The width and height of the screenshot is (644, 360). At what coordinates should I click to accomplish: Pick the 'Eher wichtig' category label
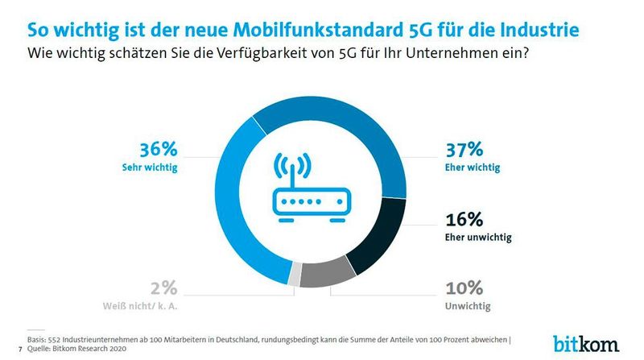tap(473, 168)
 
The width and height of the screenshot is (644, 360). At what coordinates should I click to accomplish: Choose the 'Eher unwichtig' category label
tap(479, 238)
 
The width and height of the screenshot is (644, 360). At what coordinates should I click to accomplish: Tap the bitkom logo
tap(586, 342)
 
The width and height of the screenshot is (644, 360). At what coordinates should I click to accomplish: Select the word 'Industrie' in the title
tap(533, 31)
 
